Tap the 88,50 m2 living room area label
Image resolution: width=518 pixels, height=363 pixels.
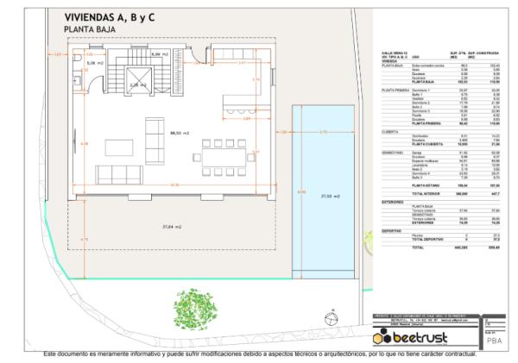point(180,133)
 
